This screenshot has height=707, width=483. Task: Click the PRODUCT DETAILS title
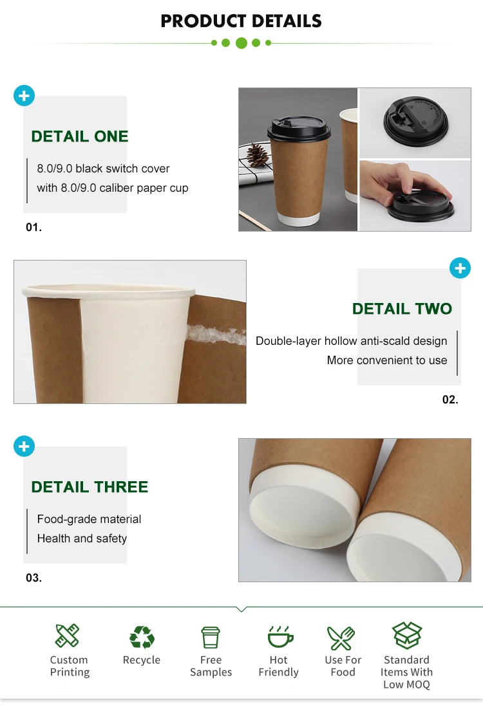[241, 21]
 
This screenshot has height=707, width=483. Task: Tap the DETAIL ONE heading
[80, 136]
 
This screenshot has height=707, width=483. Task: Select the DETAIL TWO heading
[402, 308]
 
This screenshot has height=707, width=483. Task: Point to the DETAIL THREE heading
[90, 487]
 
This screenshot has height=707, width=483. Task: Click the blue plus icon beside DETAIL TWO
[460, 268]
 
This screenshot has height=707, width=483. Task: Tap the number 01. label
[34, 227]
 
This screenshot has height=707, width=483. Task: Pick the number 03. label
[34, 578]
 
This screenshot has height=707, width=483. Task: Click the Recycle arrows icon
[142, 637]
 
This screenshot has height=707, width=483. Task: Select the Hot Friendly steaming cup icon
[280, 636]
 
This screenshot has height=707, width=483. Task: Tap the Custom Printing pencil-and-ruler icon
[67, 636]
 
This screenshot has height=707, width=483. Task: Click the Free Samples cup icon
[211, 637]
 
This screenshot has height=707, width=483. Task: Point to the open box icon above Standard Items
[407, 635]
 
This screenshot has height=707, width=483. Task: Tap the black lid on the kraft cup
[299, 127]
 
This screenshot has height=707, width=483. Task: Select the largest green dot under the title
[241, 43]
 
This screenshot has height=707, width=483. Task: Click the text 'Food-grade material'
[89, 519]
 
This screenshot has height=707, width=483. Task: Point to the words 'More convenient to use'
[387, 360]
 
